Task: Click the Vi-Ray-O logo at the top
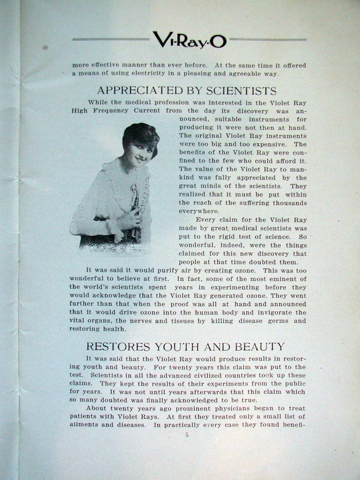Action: coord(189,40)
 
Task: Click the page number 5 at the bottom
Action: coord(187,435)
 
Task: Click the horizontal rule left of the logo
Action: coord(111,39)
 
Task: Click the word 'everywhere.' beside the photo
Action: coord(195,211)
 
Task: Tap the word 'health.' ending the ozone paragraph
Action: coord(114,329)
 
